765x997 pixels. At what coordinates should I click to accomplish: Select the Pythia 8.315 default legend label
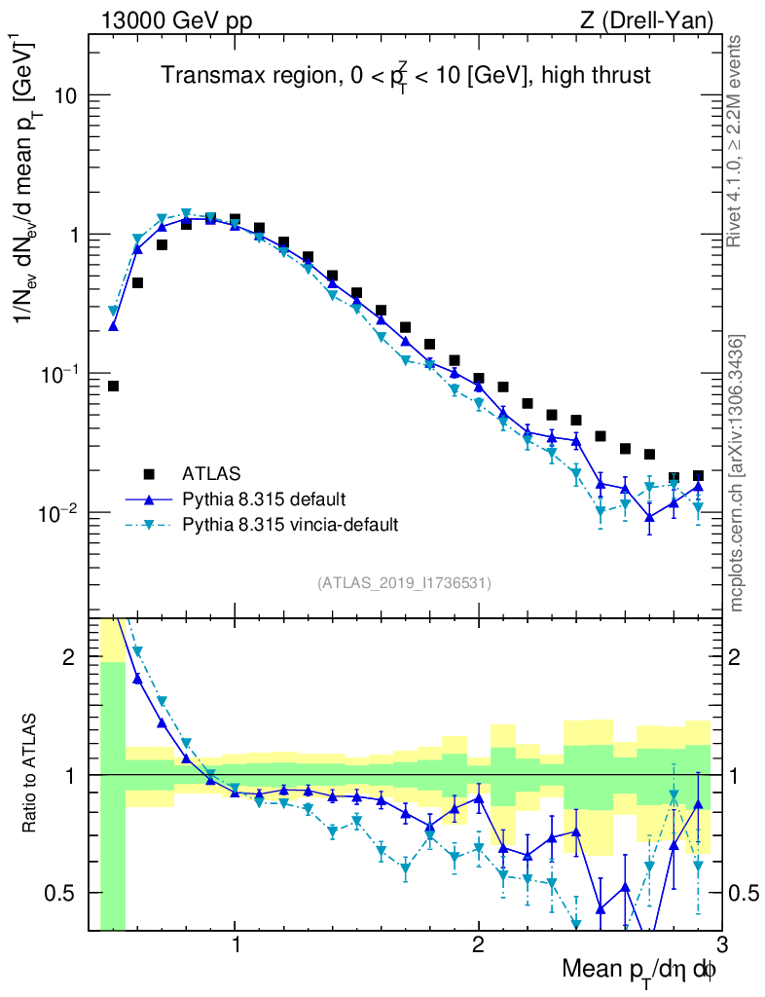[x=263, y=499]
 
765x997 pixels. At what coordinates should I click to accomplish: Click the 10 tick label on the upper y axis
[x=64, y=96]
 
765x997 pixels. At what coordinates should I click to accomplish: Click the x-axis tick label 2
[x=478, y=945]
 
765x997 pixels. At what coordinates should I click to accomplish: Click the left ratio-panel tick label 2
[x=72, y=657]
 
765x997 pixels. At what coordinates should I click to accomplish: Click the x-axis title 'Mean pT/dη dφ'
[x=640, y=972]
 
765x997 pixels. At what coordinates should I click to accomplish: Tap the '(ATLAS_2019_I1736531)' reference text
[x=404, y=583]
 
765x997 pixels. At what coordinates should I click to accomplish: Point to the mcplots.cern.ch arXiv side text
[x=737, y=472]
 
